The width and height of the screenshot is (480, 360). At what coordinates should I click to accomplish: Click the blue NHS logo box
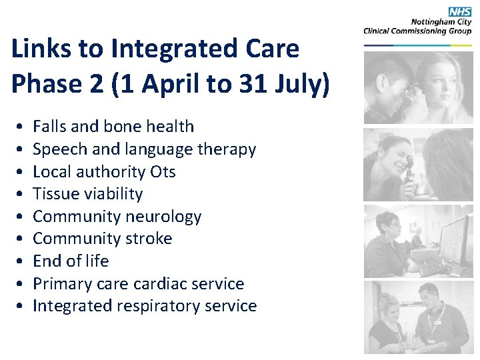click(x=459, y=11)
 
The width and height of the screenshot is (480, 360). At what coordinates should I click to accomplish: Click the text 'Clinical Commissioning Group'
click(x=417, y=31)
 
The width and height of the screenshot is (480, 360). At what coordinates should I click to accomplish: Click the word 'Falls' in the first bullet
click(x=49, y=127)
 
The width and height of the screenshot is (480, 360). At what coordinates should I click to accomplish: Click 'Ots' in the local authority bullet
click(x=163, y=171)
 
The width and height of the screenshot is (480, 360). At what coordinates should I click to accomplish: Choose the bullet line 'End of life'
click(x=71, y=261)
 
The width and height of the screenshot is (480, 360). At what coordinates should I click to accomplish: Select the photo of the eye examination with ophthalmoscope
click(x=418, y=165)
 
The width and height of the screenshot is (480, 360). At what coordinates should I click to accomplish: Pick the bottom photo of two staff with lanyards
click(x=418, y=317)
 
